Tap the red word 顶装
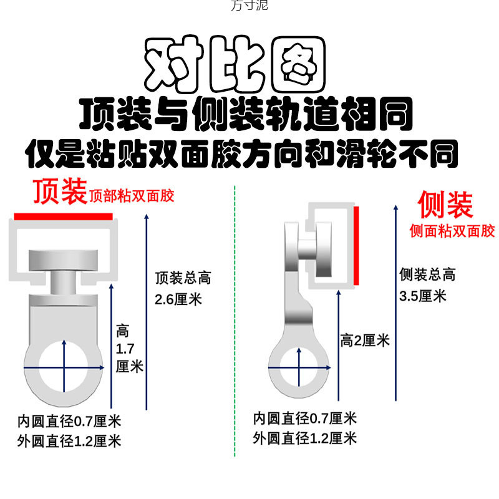click(x=59, y=192)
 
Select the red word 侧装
click(x=445, y=205)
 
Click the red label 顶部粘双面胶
click(x=132, y=196)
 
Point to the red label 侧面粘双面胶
click(x=452, y=231)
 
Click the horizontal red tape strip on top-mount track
click(x=63, y=216)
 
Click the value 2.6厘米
click(x=179, y=299)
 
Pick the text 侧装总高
click(x=427, y=274)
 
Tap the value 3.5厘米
click(x=423, y=295)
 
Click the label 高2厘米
click(x=365, y=341)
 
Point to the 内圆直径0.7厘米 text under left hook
click(x=69, y=421)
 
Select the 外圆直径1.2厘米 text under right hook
click(x=305, y=438)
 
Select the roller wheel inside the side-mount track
click(x=326, y=246)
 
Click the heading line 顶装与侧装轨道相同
click(x=246, y=115)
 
